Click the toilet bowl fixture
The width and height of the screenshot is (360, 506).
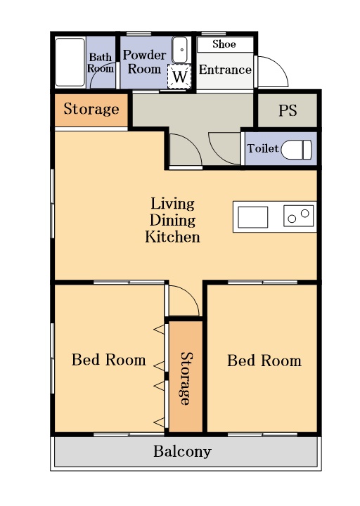297,150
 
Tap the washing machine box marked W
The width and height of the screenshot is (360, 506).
179,77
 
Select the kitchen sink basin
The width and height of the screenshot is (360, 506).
253,217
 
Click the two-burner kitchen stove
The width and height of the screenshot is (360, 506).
299,216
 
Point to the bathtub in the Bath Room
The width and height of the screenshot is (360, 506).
70,63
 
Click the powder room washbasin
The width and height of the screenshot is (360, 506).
180,50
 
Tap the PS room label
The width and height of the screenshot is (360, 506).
288,110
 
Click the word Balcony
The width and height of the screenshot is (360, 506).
182,451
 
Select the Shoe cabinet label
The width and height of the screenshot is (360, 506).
224,44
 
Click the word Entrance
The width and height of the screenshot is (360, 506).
225,70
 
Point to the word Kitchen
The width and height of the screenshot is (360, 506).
172,237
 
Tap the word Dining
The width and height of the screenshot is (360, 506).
172,221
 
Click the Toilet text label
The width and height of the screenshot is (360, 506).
263,148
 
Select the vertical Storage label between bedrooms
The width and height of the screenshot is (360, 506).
186,378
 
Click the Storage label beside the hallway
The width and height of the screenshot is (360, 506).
91,109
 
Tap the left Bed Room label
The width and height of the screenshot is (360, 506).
109,360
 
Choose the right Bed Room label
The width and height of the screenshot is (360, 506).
264,361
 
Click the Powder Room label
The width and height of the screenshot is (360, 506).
144,62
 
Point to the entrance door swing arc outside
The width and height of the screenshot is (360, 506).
281,65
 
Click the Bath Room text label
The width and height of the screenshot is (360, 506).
101,63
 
